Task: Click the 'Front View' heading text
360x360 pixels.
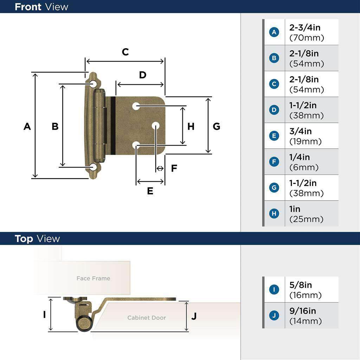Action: coord(41,7)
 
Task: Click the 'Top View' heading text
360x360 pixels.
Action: coord(37,239)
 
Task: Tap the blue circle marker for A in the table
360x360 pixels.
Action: coord(274,32)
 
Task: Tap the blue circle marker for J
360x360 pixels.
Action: coord(274,316)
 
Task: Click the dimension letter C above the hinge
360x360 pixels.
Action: coord(125,52)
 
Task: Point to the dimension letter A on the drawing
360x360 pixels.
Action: coord(27,126)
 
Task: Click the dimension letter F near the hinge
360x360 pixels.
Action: coord(174,168)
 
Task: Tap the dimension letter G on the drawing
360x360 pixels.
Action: coord(217,126)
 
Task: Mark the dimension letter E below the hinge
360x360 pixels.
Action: coord(150,191)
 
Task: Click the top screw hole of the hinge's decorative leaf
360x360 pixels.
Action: coord(93,84)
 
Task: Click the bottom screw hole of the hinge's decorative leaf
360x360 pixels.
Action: coord(93,167)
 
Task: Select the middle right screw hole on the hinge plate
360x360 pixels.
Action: coord(155,126)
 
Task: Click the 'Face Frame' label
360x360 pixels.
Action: coord(93,278)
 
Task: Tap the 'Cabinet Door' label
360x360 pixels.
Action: coord(146,318)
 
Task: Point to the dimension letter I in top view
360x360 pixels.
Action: coord(45,314)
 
